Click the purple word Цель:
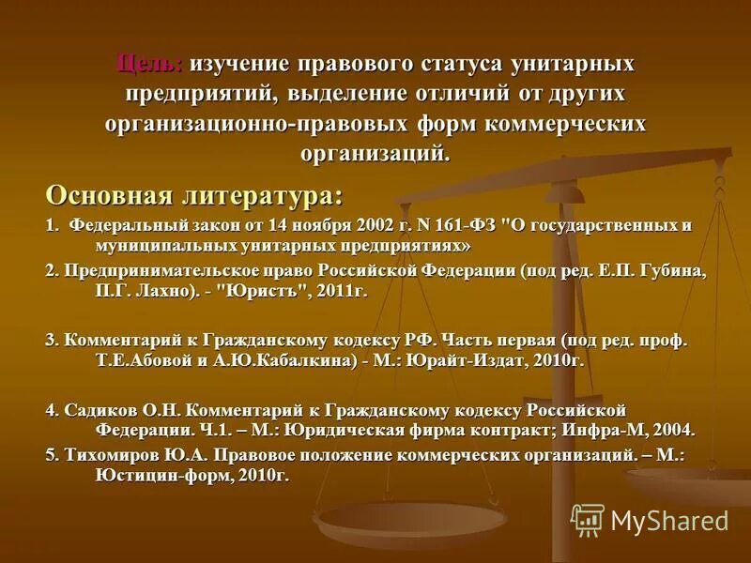point(150,65)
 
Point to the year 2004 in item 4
point(672,431)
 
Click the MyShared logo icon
point(588,520)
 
